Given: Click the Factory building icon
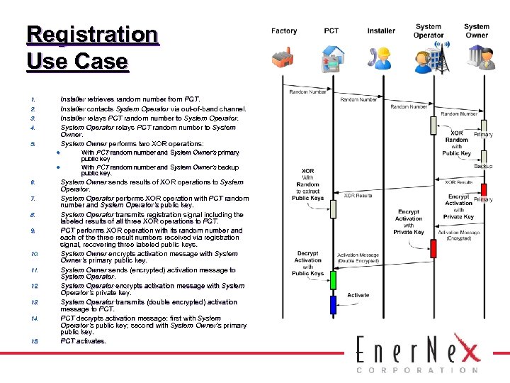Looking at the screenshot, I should pyautogui.click(x=286, y=59).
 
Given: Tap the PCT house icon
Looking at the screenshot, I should pyautogui.click(x=331, y=58).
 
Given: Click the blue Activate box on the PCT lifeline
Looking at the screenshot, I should pyautogui.click(x=332, y=305).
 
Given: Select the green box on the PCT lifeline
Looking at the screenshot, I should pyautogui.click(x=332, y=279).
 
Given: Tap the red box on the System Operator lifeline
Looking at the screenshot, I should pyautogui.click(x=433, y=248).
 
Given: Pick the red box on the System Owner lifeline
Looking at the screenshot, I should pyautogui.click(x=484, y=189).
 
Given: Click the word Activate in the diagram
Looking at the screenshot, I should pyautogui.click(x=358, y=295).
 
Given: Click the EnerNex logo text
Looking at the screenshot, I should pyautogui.click(x=418, y=352).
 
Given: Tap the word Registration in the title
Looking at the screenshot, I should pyautogui.click(x=92, y=34).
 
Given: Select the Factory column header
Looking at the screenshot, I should pyautogui.click(x=284, y=30).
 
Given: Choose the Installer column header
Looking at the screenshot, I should pyautogui.click(x=381, y=30).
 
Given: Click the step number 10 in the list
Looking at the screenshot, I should pyautogui.click(x=34, y=253).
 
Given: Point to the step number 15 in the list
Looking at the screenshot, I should pyautogui.click(x=34, y=341).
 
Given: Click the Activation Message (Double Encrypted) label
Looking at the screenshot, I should pyautogui.click(x=358, y=257).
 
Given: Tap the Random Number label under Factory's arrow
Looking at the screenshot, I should pyautogui.click(x=308, y=91).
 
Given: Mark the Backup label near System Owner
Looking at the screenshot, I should pyautogui.click(x=484, y=166).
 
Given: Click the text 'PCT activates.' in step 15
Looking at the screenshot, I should pyautogui.click(x=83, y=341).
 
